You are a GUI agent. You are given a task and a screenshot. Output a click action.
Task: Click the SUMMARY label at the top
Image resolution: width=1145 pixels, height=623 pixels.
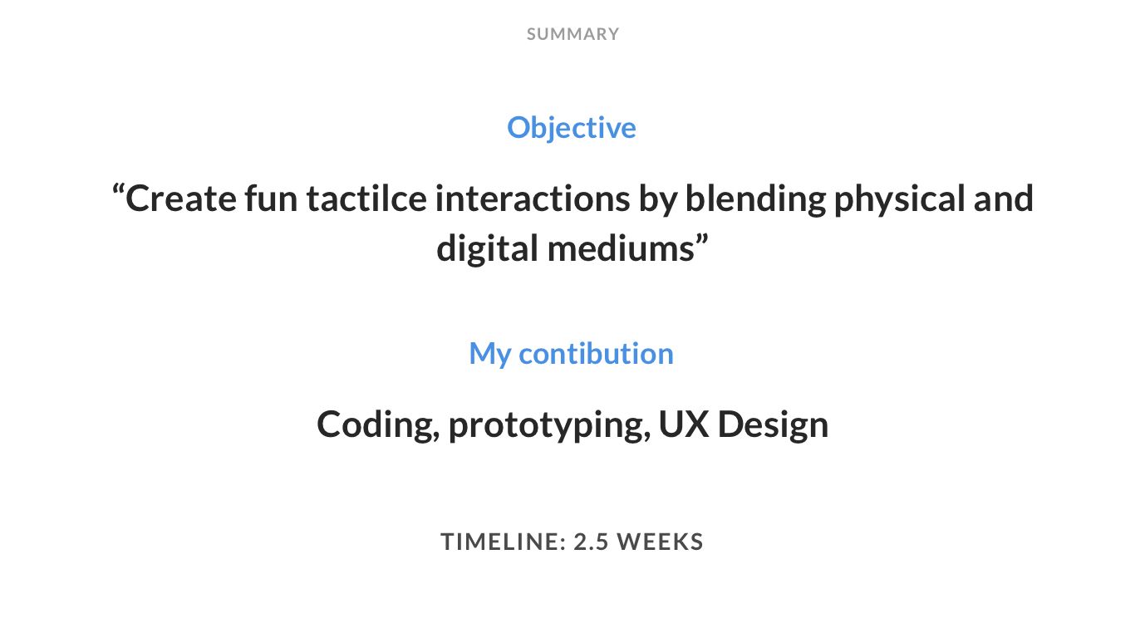[x=572, y=34]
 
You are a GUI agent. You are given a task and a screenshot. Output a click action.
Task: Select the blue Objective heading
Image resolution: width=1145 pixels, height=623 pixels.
[x=572, y=128]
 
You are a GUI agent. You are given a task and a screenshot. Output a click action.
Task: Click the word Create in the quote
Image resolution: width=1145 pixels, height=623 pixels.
[x=181, y=199]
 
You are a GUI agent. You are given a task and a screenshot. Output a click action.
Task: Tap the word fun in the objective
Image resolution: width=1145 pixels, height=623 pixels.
[x=271, y=199]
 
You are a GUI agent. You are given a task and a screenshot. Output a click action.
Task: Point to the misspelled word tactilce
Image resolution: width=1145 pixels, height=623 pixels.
[x=366, y=199]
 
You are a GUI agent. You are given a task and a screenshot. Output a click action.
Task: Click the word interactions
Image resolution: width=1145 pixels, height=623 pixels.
[x=532, y=199]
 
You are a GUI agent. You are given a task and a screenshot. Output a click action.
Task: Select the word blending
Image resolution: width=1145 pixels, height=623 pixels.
[x=755, y=199]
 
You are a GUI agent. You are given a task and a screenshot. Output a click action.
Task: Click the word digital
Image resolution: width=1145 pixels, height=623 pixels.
[x=488, y=249]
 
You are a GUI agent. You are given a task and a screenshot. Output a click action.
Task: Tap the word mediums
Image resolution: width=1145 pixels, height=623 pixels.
[x=621, y=248]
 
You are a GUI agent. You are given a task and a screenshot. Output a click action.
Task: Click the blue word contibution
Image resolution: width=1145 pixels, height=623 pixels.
[x=596, y=353]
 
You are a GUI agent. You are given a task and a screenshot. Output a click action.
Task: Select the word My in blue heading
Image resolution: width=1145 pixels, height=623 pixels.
[x=489, y=354]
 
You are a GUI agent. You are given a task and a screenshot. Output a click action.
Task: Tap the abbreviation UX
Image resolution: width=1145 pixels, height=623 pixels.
[x=684, y=424]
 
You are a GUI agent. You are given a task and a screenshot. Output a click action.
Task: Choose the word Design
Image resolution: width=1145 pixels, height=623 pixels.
[x=773, y=424]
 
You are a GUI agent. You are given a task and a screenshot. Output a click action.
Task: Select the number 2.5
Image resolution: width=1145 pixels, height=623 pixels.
[x=591, y=542]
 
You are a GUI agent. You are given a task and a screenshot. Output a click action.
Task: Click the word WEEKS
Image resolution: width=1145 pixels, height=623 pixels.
[x=661, y=542]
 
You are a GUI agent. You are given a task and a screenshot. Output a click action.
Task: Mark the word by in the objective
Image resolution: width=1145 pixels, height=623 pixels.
[x=657, y=199]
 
